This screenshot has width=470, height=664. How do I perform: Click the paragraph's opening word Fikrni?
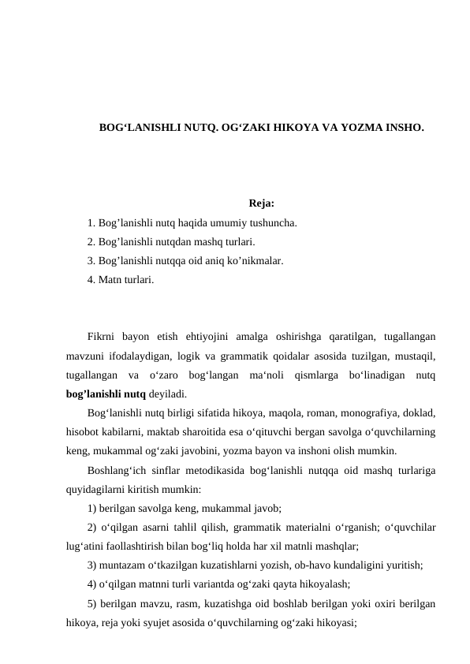[103, 334]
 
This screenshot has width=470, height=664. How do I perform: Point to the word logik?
[201, 353]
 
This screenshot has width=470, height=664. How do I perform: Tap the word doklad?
[417, 413]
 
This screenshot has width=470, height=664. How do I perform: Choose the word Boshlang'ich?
[118, 470]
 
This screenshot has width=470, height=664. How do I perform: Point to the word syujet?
[177, 621]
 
